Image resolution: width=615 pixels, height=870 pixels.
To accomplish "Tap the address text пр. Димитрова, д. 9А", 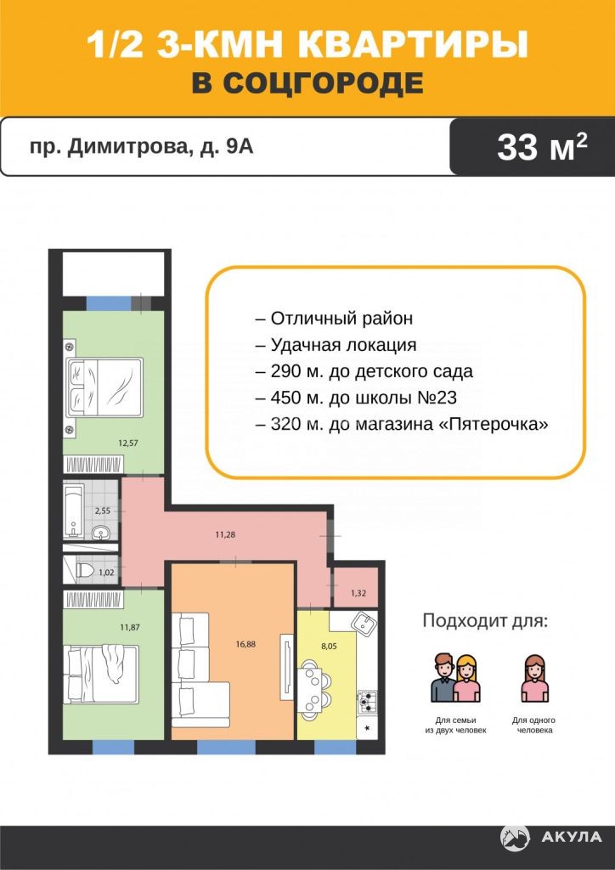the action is pyautogui.click(x=141, y=147).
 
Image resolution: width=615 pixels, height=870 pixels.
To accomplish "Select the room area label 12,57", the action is pyautogui.click(x=128, y=443).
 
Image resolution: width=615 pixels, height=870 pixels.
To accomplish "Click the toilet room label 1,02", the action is pyautogui.click(x=106, y=573).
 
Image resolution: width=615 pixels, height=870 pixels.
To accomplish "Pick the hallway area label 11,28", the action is pyautogui.click(x=224, y=535).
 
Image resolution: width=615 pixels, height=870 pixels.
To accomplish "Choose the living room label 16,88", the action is pyautogui.click(x=245, y=644).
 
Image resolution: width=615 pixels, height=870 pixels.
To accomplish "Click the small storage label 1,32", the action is pyautogui.click(x=358, y=593).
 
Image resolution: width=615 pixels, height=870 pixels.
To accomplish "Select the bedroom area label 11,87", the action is pyautogui.click(x=129, y=628).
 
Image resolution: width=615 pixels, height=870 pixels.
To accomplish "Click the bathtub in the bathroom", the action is pyautogui.click(x=74, y=511).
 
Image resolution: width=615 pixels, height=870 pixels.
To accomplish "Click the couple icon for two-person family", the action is pyautogui.click(x=455, y=677).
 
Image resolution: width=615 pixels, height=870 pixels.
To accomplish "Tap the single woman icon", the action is pyautogui.click(x=534, y=678).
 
